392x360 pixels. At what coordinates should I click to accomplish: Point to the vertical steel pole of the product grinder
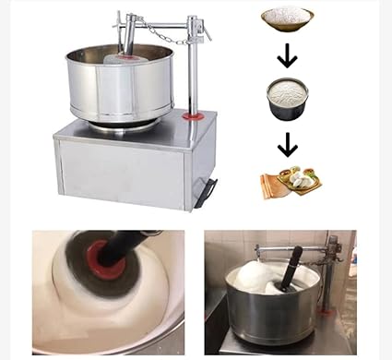[x=194, y=74]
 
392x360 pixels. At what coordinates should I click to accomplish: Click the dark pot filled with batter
[x=287, y=100]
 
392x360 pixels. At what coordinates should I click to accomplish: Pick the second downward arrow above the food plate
[x=288, y=145]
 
